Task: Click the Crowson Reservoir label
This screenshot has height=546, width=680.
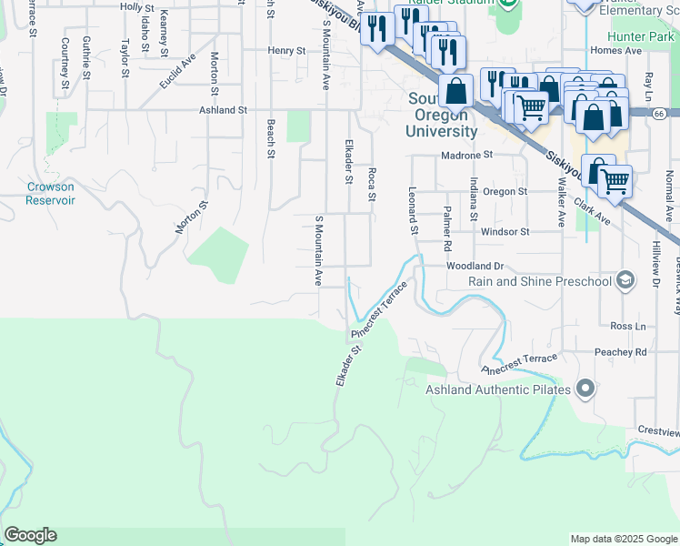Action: coord(50,193)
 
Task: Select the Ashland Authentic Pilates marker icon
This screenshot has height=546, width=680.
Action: coord(585,389)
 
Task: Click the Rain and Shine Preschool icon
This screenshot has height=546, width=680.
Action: coord(625,280)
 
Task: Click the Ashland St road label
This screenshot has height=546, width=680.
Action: coord(224,110)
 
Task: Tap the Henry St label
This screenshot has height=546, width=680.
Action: coord(286,51)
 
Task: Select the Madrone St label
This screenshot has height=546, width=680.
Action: coord(466,155)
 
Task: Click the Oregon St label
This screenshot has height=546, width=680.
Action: coord(505,192)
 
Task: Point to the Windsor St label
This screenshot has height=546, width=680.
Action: coord(505,232)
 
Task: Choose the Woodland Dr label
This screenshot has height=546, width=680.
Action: coord(475,266)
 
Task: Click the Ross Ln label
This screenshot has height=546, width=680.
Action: coord(627,326)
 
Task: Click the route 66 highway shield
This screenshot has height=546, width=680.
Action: coord(659,113)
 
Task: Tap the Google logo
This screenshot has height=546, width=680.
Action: coord(30,535)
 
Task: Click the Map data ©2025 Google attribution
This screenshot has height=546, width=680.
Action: coord(623,539)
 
